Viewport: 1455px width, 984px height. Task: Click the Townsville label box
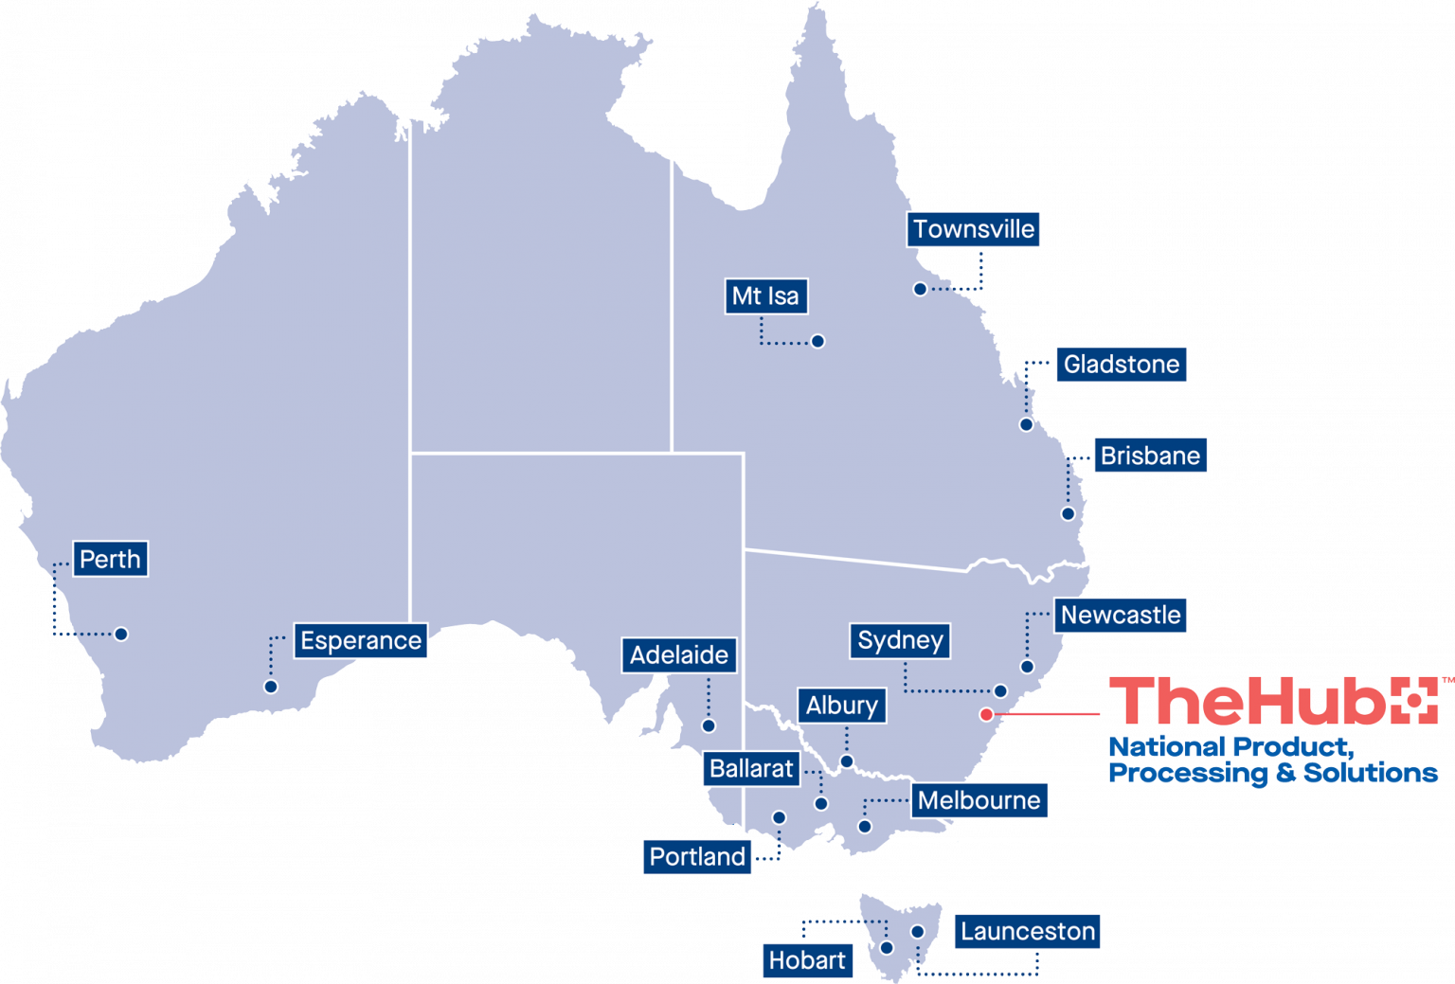pyautogui.click(x=974, y=229)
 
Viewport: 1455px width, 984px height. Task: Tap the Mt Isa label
pyautogui.click(x=765, y=296)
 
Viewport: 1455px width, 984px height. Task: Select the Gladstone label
pyautogui.click(x=1122, y=365)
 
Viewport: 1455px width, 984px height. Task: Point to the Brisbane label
pyautogui.click(x=1150, y=456)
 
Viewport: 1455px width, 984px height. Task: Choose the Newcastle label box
pyautogui.click(x=1121, y=616)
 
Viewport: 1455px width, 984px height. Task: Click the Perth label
pyautogui.click(x=110, y=560)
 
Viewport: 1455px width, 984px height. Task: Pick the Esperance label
pyautogui.click(x=361, y=641)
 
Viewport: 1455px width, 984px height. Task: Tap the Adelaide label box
pyautogui.click(x=679, y=655)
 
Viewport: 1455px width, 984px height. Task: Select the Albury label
pyautogui.click(x=841, y=706)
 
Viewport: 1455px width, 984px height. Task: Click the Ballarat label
pyautogui.click(x=751, y=768)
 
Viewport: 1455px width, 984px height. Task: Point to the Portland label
pyautogui.click(x=697, y=857)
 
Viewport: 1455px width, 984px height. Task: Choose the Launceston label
pyautogui.click(x=1028, y=932)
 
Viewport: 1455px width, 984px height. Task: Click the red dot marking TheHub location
pyautogui.click(x=986, y=714)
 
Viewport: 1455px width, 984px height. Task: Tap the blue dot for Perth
pyautogui.click(x=121, y=635)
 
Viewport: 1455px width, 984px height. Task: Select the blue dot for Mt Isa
pyautogui.click(x=817, y=341)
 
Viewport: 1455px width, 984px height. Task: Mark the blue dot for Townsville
pyautogui.click(x=920, y=289)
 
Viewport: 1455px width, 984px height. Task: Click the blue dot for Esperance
pyautogui.click(x=271, y=687)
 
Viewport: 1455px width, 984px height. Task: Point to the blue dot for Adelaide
pyautogui.click(x=709, y=726)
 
